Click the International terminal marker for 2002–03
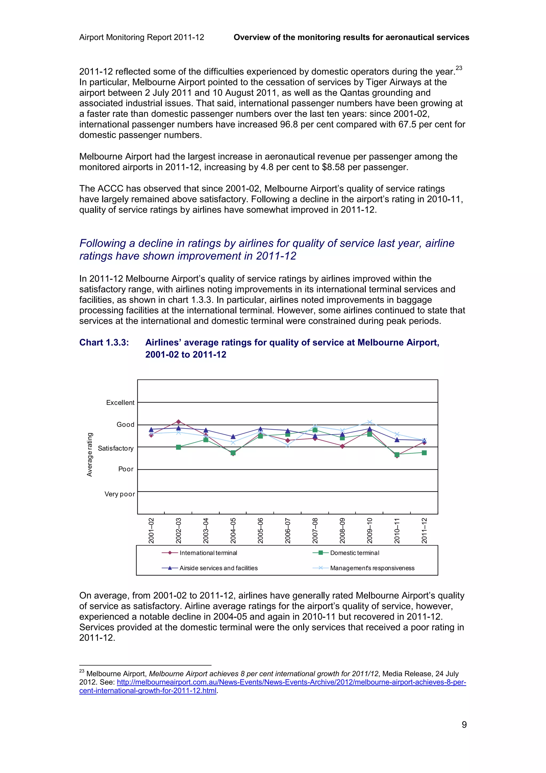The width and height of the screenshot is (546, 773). click(178, 421)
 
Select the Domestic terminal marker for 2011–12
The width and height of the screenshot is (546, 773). click(424, 453)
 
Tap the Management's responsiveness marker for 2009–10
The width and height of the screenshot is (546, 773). click(370, 422)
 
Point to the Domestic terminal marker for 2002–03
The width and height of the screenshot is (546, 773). click(178, 447)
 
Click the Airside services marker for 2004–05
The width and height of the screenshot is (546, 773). click(233, 437)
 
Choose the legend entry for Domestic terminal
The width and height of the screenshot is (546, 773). click(354, 553)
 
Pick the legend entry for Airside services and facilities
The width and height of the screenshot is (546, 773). click(218, 568)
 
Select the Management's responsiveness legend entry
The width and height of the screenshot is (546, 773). click(372, 568)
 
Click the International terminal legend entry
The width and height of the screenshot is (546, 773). click(208, 553)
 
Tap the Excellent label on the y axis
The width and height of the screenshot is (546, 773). click(120, 403)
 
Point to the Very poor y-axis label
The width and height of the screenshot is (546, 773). click(119, 494)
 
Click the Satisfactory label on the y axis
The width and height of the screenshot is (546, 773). click(115, 448)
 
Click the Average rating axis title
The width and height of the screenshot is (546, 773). click(90, 455)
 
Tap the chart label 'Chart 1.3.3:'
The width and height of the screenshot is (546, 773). click(104, 342)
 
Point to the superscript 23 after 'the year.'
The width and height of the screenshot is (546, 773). click(459, 68)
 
